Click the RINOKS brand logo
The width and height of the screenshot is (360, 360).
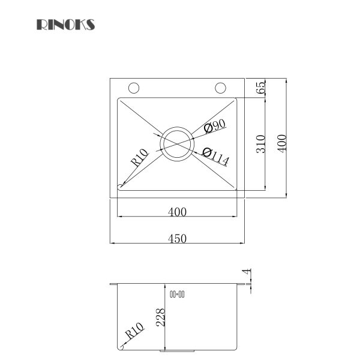pyautogui.click(x=65, y=25)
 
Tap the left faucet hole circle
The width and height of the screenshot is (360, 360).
pyautogui.click(x=134, y=88)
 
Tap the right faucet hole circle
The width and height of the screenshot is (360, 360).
pyautogui.click(x=220, y=88)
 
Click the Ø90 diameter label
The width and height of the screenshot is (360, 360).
pyautogui.click(x=214, y=126)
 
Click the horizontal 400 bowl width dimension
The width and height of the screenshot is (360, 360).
pyautogui.click(x=178, y=211)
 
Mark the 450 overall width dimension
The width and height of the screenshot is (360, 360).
pyautogui.click(x=178, y=238)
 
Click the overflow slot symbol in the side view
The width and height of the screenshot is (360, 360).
pyautogui.click(x=178, y=294)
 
